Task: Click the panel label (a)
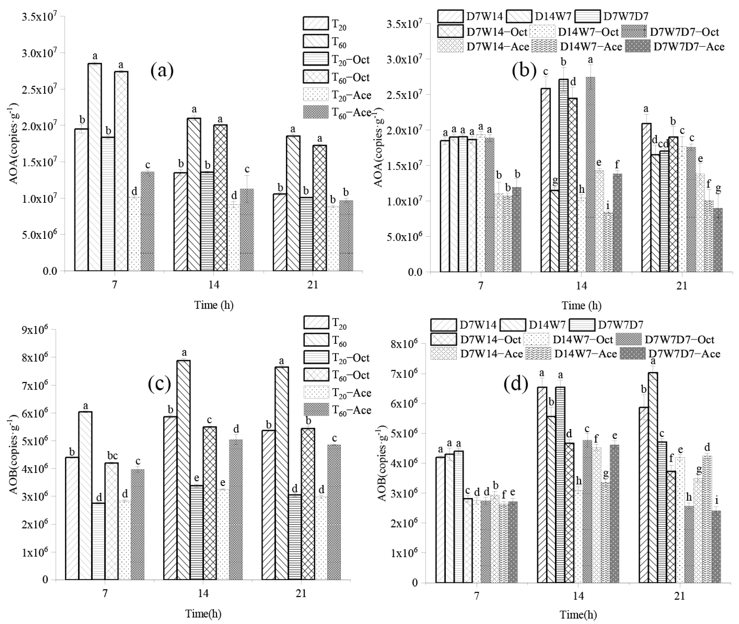click(162, 71)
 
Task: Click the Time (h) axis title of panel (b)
click(581, 305)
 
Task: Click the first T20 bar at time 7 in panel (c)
click(72, 518)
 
